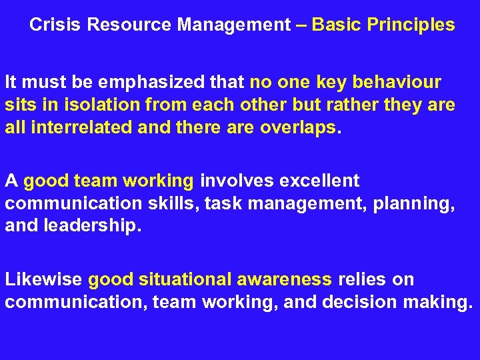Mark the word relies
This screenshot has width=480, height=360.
click(x=361, y=279)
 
